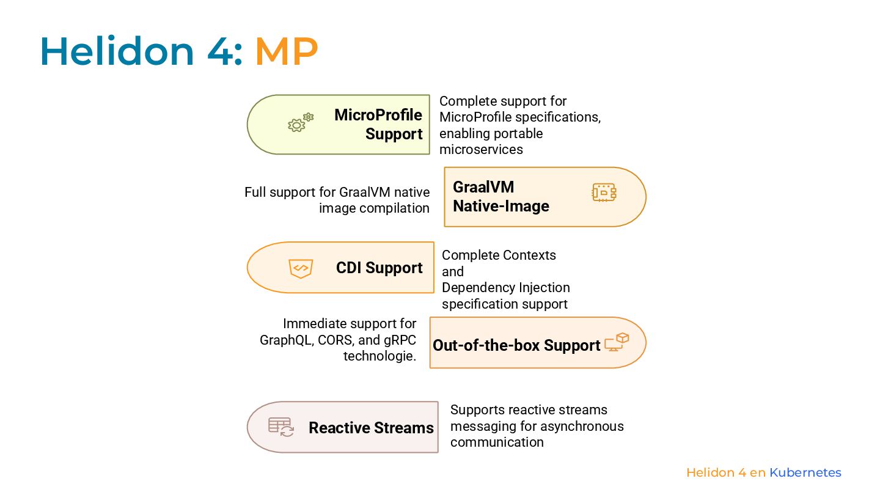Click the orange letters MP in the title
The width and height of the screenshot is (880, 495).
pos(286,51)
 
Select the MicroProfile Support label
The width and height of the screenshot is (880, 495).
pos(379,124)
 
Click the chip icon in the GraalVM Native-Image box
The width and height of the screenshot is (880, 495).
pos(604,193)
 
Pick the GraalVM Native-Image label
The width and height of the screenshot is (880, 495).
pos(501,196)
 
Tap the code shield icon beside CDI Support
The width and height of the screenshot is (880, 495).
pos(301,268)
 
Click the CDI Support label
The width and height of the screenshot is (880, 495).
pos(379,268)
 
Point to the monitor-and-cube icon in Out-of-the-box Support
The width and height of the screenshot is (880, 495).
pos(617,342)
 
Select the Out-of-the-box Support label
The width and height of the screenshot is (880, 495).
pos(516,345)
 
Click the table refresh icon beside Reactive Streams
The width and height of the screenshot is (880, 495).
pos(281,427)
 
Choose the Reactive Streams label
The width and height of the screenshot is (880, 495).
pos(371,428)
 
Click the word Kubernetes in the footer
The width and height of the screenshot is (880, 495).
pos(805,472)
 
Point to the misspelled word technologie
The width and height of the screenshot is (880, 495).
pos(380,356)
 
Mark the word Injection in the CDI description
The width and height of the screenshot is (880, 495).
pos(544,287)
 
